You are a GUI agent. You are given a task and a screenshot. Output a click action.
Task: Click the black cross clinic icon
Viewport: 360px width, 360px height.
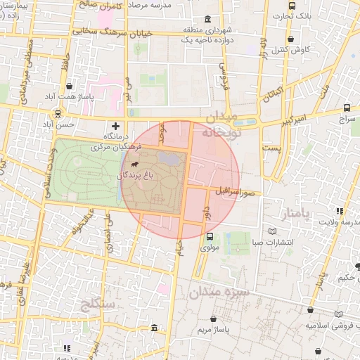(115, 125)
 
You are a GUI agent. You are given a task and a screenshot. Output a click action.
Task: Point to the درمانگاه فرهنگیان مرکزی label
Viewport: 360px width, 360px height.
(116, 141)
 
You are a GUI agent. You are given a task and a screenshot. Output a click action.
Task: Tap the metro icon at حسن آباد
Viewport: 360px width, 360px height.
(58, 113)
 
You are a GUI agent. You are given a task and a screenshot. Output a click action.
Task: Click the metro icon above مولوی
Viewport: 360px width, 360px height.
(210, 236)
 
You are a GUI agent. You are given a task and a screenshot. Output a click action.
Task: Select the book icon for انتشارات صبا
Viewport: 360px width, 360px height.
(272, 231)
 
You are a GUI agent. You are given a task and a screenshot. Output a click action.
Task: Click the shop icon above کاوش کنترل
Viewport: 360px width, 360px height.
(290, 40)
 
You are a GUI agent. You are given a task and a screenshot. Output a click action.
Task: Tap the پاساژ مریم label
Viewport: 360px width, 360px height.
(214, 330)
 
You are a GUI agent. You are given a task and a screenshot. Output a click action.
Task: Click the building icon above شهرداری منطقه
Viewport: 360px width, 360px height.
(207, 19)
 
